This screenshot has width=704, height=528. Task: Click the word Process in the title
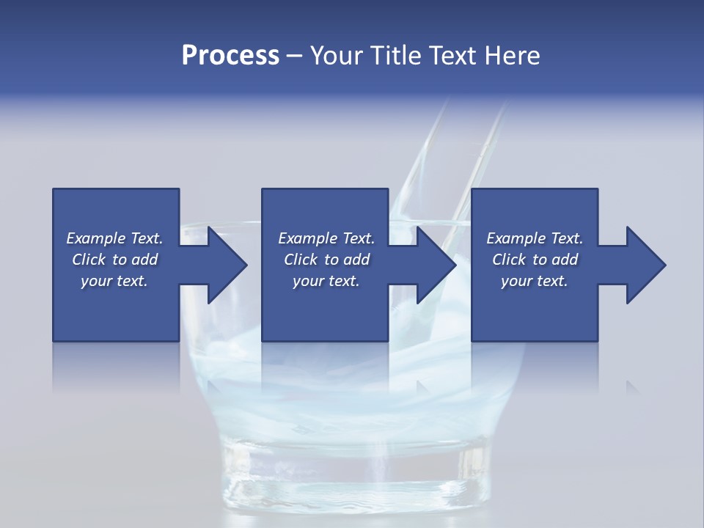coord(230,55)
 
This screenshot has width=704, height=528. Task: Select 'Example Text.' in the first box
coord(114,238)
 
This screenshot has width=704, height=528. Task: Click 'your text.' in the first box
coord(114,281)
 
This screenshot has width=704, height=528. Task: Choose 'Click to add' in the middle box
coord(326,260)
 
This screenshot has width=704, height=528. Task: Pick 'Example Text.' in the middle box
coord(326,238)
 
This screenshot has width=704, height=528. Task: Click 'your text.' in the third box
coord(535,281)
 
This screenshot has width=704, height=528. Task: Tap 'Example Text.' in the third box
coord(535,238)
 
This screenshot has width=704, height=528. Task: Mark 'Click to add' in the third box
coord(535,260)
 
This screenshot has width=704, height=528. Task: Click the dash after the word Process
coord(295,56)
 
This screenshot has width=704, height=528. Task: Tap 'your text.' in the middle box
coord(326,281)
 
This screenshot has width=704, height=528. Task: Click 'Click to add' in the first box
coord(114,260)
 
